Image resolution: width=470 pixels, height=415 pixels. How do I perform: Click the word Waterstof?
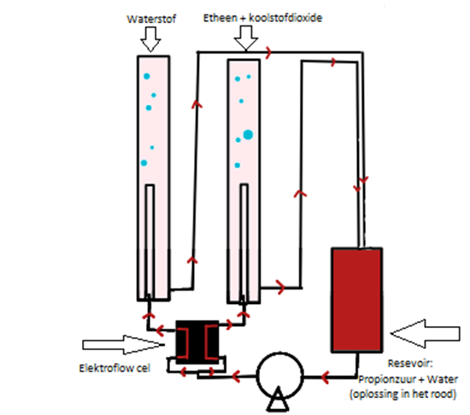(151, 19)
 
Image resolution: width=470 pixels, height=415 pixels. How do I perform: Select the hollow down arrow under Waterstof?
(150, 39)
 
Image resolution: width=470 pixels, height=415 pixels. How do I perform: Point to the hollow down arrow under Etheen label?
(246, 38)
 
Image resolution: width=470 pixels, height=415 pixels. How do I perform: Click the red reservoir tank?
(356, 300)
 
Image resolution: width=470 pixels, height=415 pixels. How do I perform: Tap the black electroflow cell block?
(197, 342)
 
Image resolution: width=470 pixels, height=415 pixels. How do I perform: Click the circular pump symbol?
(280, 376)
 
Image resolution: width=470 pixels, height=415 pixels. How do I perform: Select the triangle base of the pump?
(278, 399)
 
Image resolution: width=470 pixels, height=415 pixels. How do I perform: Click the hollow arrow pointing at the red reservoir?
(425, 334)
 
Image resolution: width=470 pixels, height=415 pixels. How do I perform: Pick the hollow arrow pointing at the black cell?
(124, 345)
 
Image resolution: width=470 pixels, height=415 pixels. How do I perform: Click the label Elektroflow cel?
(115, 368)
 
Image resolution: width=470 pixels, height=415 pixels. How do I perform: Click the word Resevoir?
(410, 363)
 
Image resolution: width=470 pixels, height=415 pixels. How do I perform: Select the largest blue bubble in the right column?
(248, 135)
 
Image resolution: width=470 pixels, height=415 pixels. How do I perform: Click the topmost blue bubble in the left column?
(147, 76)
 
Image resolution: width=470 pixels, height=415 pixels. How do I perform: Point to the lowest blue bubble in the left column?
(144, 163)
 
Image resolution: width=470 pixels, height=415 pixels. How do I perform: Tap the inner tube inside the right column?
(244, 243)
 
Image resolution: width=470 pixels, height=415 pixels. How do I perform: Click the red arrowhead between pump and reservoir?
(325, 377)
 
